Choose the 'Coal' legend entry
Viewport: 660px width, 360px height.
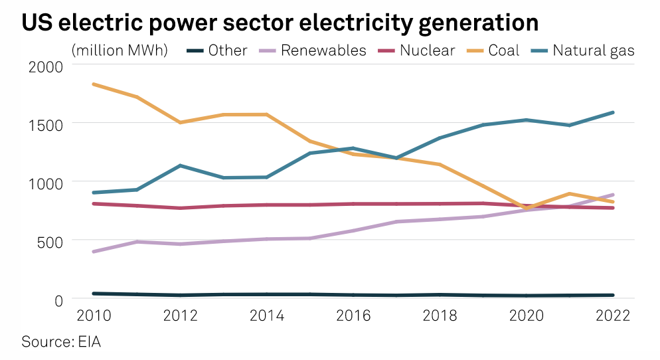click(x=503, y=50)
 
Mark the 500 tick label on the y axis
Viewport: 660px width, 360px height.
click(x=50, y=241)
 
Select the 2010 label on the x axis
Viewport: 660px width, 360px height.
click(x=93, y=315)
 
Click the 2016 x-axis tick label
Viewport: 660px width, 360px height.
click(x=353, y=315)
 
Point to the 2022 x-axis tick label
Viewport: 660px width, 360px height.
click(x=612, y=315)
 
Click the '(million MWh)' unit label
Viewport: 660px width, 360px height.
click(x=120, y=50)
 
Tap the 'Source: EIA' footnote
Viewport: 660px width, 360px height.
click(x=61, y=342)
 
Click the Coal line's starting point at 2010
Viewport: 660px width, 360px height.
click(x=94, y=84)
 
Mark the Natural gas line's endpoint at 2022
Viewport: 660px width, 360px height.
click(x=612, y=112)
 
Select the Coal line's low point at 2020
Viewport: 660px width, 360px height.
click(x=526, y=209)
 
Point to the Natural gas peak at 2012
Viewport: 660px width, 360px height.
click(x=180, y=165)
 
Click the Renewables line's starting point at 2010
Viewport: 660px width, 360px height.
click(x=94, y=252)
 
